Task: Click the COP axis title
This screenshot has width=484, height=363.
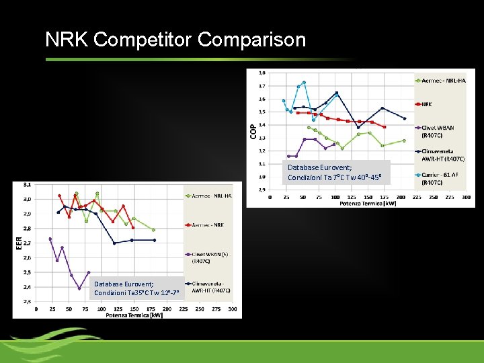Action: [253, 131]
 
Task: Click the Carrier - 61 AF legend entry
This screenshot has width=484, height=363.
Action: [441, 178]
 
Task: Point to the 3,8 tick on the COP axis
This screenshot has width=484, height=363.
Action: [261, 73]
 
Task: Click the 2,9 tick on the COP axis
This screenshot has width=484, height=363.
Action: [261, 190]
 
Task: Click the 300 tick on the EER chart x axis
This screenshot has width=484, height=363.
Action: [232, 309]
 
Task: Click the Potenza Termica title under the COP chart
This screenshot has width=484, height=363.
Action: [368, 203]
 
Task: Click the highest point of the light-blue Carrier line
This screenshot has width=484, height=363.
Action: [304, 83]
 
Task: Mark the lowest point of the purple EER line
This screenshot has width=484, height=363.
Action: [79, 289]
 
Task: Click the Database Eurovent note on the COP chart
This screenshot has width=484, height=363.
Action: [335, 172]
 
